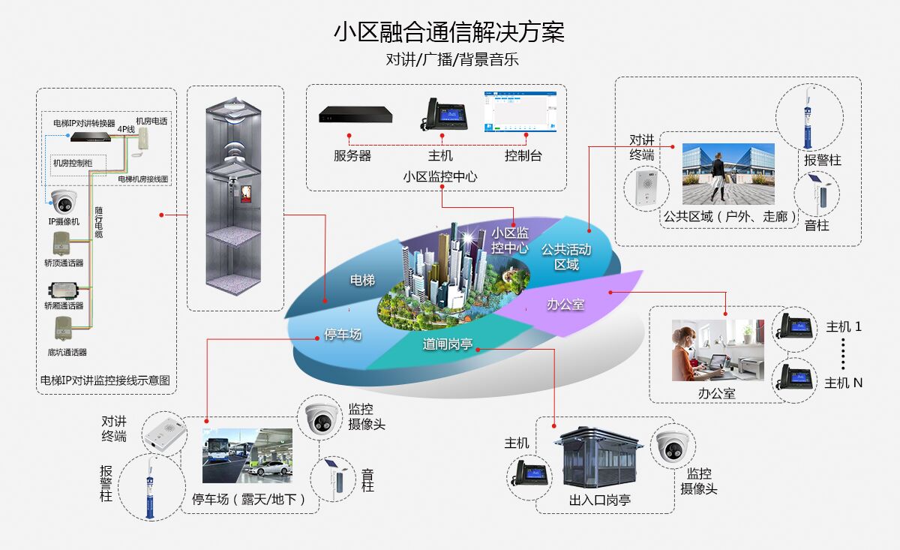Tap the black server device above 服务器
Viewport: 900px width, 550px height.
pos(355,115)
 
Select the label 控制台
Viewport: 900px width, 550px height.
pos(523,156)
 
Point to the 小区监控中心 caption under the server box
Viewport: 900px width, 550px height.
pos(439,177)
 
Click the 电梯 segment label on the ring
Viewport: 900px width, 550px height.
pos(362,280)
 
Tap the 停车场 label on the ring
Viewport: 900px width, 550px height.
pos(343,334)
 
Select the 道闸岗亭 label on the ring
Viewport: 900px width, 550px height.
pos(447,344)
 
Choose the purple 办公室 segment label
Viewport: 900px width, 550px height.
pos(565,304)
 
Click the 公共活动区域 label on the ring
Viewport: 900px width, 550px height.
pos(566,257)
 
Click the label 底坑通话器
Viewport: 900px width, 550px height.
pos(66,352)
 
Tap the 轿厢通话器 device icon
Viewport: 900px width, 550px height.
pos(64,290)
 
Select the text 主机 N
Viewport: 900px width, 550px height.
pos(844,383)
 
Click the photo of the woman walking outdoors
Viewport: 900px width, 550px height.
pos(727,174)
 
